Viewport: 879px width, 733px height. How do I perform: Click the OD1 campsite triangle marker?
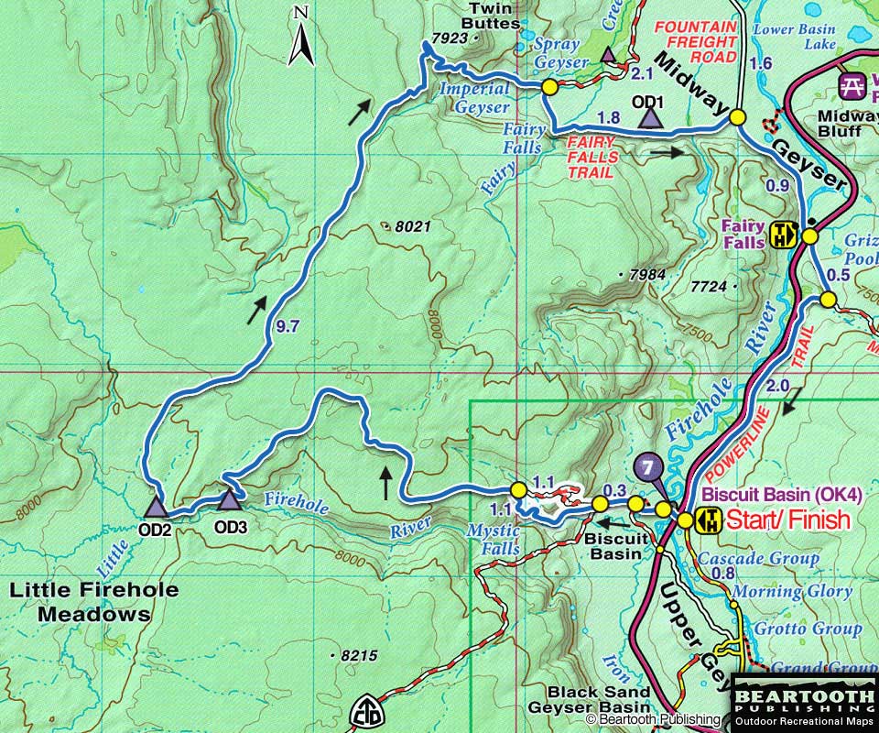(x=650, y=117)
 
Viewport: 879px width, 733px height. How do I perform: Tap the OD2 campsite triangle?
(x=157, y=505)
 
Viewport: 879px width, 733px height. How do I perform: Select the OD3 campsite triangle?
(x=227, y=499)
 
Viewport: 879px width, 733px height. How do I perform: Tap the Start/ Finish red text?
(x=787, y=520)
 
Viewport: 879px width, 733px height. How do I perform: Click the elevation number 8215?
(x=357, y=656)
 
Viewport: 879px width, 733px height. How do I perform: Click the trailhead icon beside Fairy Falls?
(x=783, y=235)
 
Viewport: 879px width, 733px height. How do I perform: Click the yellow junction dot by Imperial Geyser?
(x=549, y=87)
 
